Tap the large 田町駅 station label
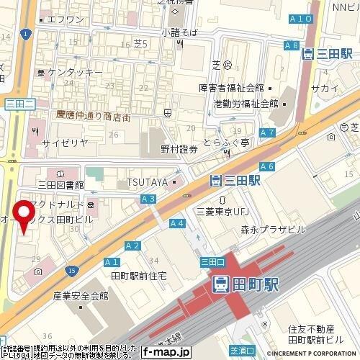[x=240, y=284]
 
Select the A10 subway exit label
[x=303, y=38]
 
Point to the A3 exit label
[x=149, y=197]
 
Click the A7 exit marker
[x=268, y=132]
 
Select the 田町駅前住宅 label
[x=139, y=276]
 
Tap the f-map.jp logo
[x=165, y=352]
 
